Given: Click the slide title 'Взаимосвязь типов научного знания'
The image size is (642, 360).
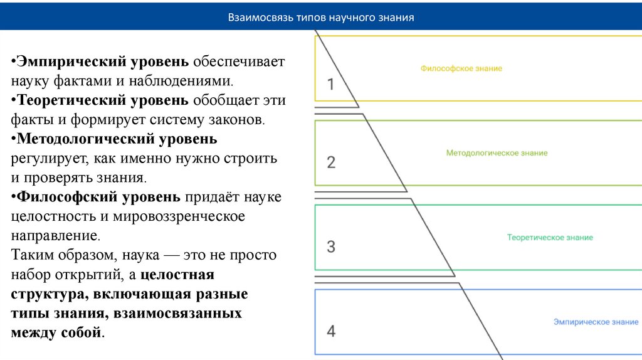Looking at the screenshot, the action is [320, 17].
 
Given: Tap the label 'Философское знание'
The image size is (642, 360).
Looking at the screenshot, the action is [461, 68].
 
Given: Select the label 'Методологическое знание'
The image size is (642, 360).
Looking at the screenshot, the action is [497, 153].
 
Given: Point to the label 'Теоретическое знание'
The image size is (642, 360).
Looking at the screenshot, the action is [550, 238].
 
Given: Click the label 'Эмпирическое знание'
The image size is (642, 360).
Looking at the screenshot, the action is [596, 322].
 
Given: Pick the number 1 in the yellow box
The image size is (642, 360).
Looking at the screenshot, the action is [331, 84].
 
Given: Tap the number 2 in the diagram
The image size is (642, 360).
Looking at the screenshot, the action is [331, 162].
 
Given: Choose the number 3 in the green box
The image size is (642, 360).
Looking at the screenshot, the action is [331, 246].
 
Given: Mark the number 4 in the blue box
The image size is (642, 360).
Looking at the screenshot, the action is [331, 331].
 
